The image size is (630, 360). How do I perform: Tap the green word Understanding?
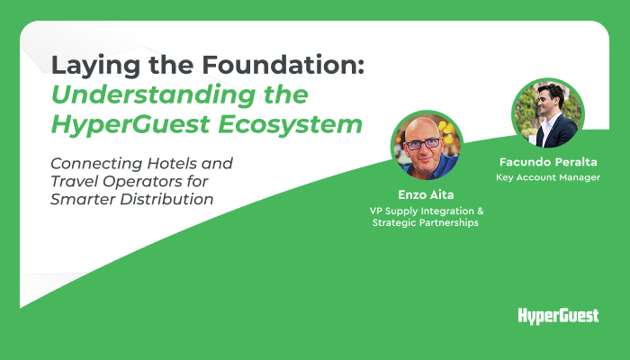(154, 96)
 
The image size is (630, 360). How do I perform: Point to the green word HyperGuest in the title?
(130, 125)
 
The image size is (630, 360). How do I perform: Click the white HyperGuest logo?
(558, 316)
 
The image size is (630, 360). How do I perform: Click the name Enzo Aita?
(426, 195)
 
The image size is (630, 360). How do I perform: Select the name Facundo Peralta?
(548, 162)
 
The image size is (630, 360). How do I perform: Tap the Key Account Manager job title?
(548, 177)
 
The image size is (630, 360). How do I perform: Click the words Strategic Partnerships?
(426, 222)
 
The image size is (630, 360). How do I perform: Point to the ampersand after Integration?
(481, 211)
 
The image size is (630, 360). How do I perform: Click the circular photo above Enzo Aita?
(427, 146)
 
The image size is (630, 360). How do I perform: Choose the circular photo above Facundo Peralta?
(548, 114)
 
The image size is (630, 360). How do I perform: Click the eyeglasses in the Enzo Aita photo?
(422, 143)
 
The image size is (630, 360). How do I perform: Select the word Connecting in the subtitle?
(96, 165)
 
